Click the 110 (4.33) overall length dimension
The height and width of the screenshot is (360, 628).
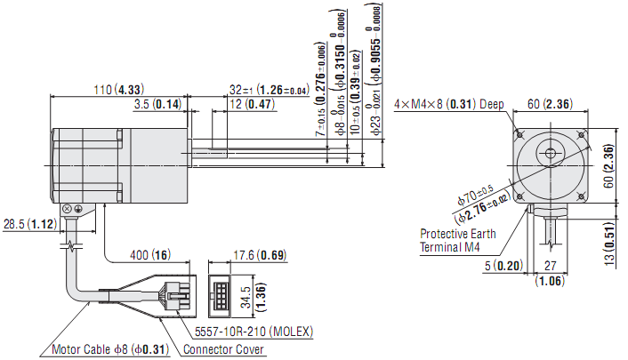tap(119, 89)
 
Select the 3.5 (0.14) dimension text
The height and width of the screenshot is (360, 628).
tap(157, 104)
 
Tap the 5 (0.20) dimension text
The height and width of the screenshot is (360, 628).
tap(504, 265)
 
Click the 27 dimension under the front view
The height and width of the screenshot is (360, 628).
tap(549, 265)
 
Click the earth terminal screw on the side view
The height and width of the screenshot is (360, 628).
tap(78, 208)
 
